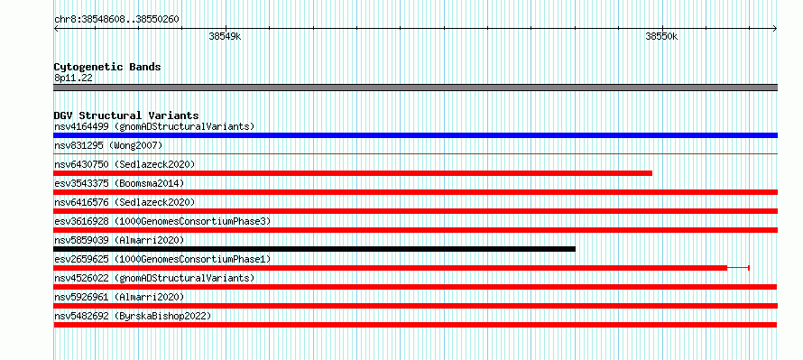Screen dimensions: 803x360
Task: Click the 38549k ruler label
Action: tap(225, 36)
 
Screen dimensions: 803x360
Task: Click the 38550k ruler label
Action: tap(661, 36)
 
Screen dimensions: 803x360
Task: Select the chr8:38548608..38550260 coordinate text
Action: tap(116, 20)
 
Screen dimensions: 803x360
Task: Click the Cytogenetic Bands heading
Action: tap(107, 67)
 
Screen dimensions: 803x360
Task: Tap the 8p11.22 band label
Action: tap(73, 78)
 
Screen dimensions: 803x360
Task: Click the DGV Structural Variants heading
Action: tap(126, 115)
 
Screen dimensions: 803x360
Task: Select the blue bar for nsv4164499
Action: tap(415, 135)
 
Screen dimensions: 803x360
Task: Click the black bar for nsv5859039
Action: tap(315, 249)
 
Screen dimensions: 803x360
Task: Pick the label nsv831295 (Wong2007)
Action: tap(108, 145)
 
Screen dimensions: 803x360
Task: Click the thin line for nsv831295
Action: tap(415, 153)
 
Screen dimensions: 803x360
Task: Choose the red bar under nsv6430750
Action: tap(353, 173)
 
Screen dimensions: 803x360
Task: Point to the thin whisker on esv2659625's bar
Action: tap(738, 268)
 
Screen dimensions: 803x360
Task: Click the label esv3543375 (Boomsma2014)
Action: tap(119, 183)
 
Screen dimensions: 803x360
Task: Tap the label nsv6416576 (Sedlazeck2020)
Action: tap(125, 202)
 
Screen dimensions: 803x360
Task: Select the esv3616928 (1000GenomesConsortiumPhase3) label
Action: tap(162, 221)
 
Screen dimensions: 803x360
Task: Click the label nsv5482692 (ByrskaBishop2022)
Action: tap(133, 316)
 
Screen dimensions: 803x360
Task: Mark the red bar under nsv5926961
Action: tap(415, 306)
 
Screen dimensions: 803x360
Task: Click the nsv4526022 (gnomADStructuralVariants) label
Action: tap(154, 278)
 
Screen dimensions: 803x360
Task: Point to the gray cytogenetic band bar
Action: tap(415, 88)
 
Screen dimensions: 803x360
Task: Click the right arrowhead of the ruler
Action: tap(775, 28)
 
